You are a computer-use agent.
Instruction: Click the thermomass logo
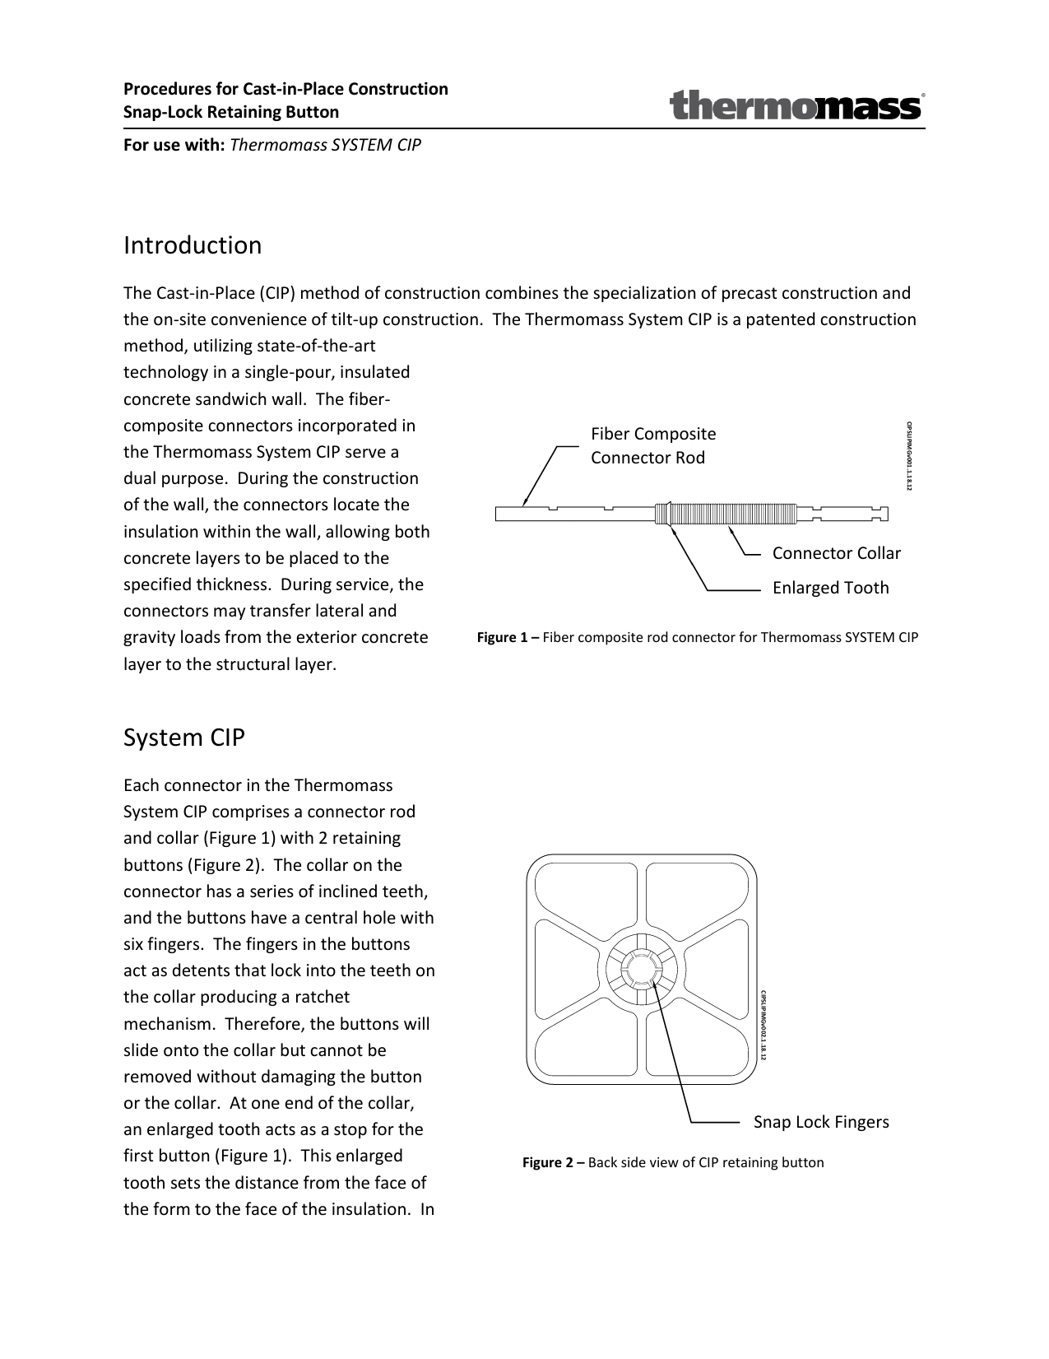795,107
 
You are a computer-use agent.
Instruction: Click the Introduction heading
193,245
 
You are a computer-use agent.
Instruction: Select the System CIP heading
184,738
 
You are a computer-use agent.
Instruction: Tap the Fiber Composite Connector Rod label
653,445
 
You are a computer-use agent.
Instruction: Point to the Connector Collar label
836,553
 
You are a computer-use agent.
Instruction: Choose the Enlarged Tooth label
830,588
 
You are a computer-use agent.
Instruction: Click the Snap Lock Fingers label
821,1122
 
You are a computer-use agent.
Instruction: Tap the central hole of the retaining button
641,968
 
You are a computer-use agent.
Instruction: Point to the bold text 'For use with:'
174,146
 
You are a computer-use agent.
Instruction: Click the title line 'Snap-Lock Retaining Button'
231,112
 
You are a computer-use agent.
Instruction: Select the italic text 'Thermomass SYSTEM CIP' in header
326,146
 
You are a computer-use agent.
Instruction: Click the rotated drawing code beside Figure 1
909,457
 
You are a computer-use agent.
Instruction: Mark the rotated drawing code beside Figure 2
763,1025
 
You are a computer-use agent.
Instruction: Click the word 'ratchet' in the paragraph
321,997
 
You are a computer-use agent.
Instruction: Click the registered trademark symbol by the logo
923,95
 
